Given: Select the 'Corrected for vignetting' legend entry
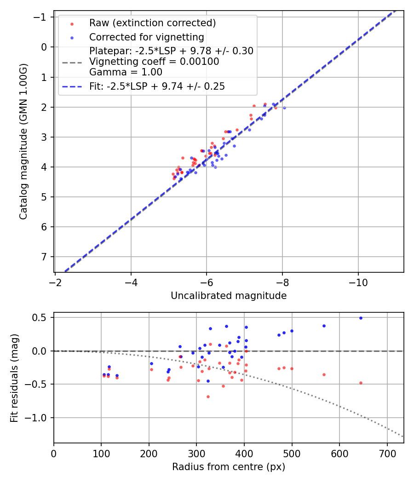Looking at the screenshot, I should (x=146, y=37).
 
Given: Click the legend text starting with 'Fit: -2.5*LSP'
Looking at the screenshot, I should (x=157, y=86).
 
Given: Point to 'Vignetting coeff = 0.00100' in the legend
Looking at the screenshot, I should (x=154, y=62).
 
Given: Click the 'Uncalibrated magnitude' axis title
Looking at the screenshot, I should (x=229, y=296).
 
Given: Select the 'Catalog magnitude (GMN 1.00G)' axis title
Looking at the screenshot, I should (x=24, y=141).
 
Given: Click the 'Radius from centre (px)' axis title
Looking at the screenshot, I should (x=229, y=467).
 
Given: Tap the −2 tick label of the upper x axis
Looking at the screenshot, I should (x=55, y=282).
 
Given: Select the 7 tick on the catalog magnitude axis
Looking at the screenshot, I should (x=45, y=257).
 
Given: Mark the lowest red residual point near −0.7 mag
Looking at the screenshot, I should (x=208, y=397).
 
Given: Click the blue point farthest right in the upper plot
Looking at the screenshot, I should (x=284, y=108).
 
